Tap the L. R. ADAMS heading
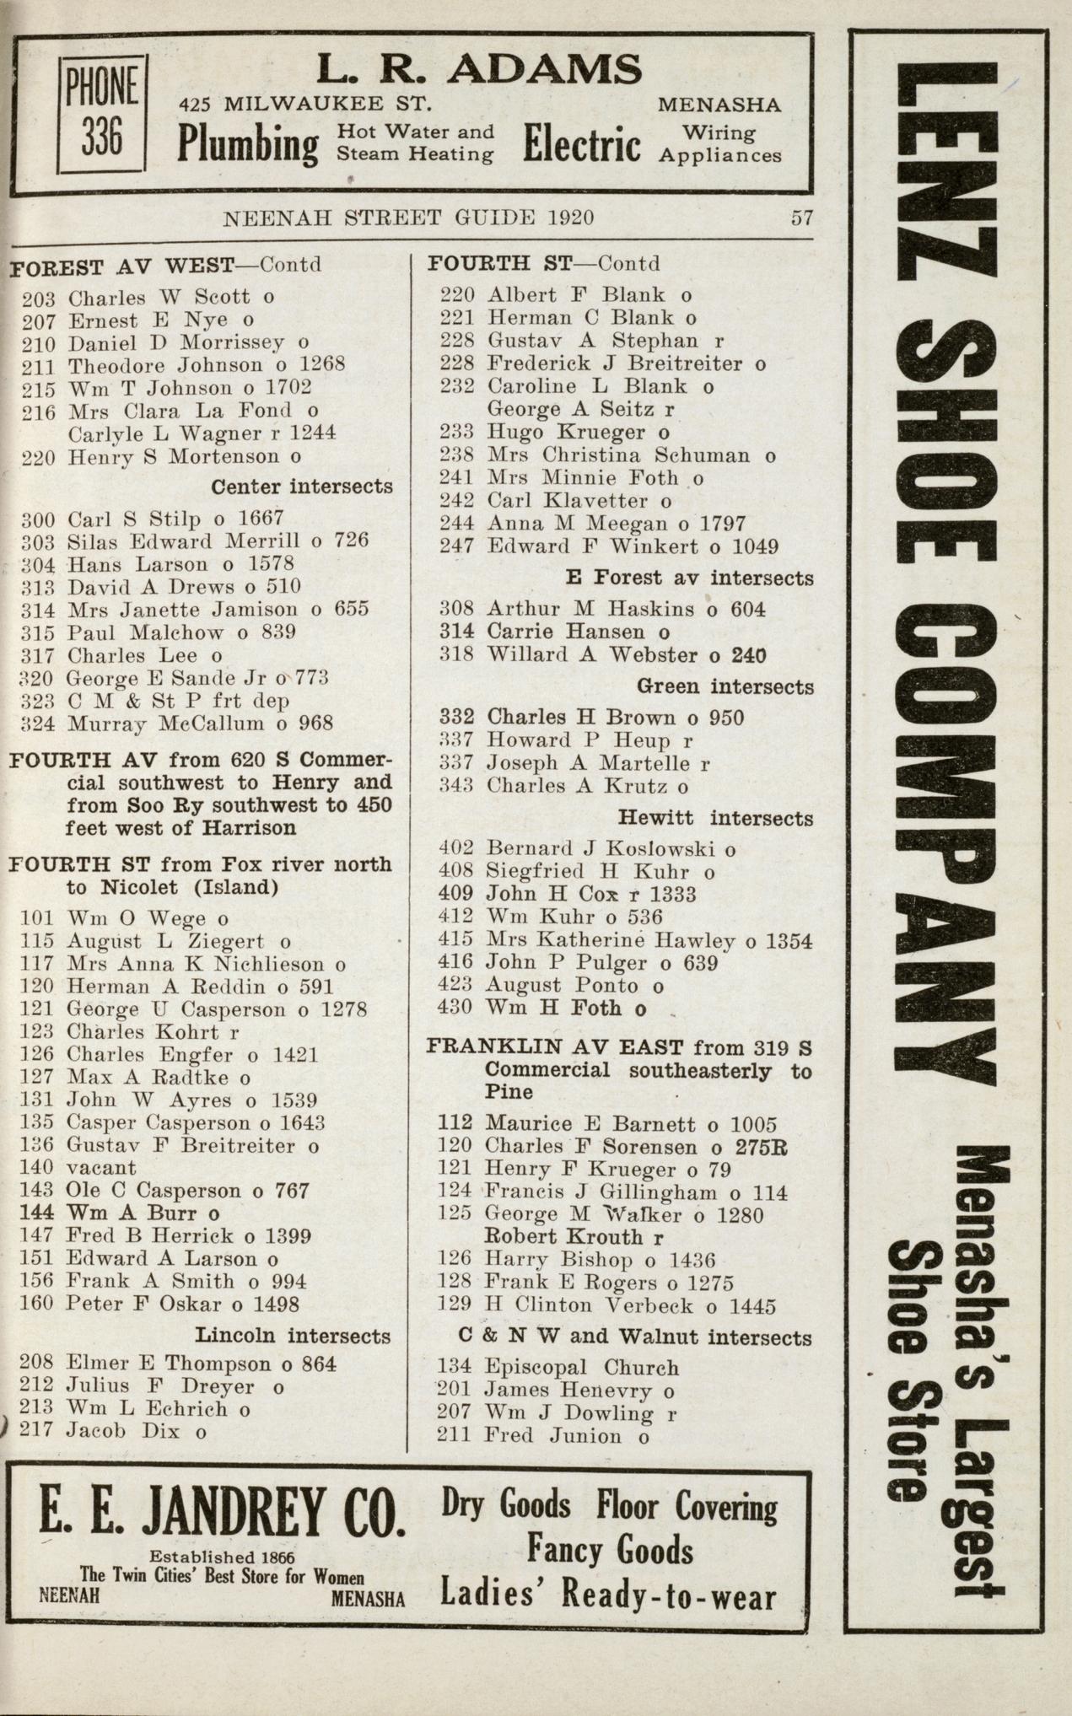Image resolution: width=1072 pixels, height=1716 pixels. coord(478,70)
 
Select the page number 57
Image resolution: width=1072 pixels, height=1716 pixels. coord(801,218)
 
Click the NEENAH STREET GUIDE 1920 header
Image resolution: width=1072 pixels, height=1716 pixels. coord(407,218)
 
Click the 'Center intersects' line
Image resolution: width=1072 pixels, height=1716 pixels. coord(301,487)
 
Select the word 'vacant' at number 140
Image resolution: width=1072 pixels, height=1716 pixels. coord(100,1168)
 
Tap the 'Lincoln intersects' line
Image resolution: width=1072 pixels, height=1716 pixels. coord(293,1336)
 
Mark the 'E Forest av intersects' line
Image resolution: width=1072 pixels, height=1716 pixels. coord(689,578)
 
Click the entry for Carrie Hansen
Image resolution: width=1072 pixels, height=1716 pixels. coord(565,632)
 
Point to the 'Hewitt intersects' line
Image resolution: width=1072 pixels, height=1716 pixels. coord(715,818)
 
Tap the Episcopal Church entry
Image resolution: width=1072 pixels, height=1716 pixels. coord(582,1368)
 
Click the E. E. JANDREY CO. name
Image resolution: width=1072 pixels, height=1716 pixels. coord(221,1514)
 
